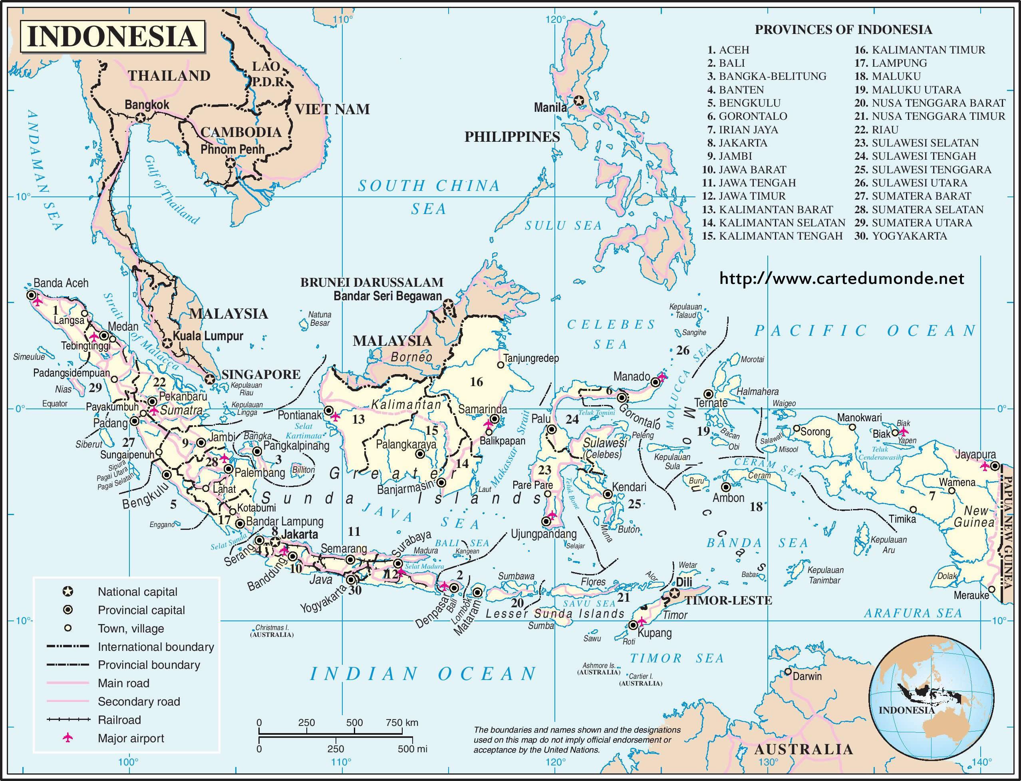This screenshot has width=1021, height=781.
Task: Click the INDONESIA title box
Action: (x=112, y=36)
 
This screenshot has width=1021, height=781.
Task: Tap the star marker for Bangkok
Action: (x=141, y=119)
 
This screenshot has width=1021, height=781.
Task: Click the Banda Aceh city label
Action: (x=61, y=283)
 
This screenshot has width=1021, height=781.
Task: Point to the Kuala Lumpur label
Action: (x=208, y=336)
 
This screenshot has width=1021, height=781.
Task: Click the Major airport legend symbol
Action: (x=68, y=738)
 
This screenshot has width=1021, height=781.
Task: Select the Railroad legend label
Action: (x=119, y=720)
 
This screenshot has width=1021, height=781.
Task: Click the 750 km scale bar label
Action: (x=402, y=722)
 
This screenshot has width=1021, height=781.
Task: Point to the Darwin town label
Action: (x=807, y=676)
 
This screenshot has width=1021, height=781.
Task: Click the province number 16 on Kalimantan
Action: (x=476, y=382)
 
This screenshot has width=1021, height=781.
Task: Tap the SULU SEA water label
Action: (x=563, y=226)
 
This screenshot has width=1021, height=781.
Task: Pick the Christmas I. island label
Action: (x=272, y=628)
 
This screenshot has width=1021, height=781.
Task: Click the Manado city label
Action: (x=631, y=376)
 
